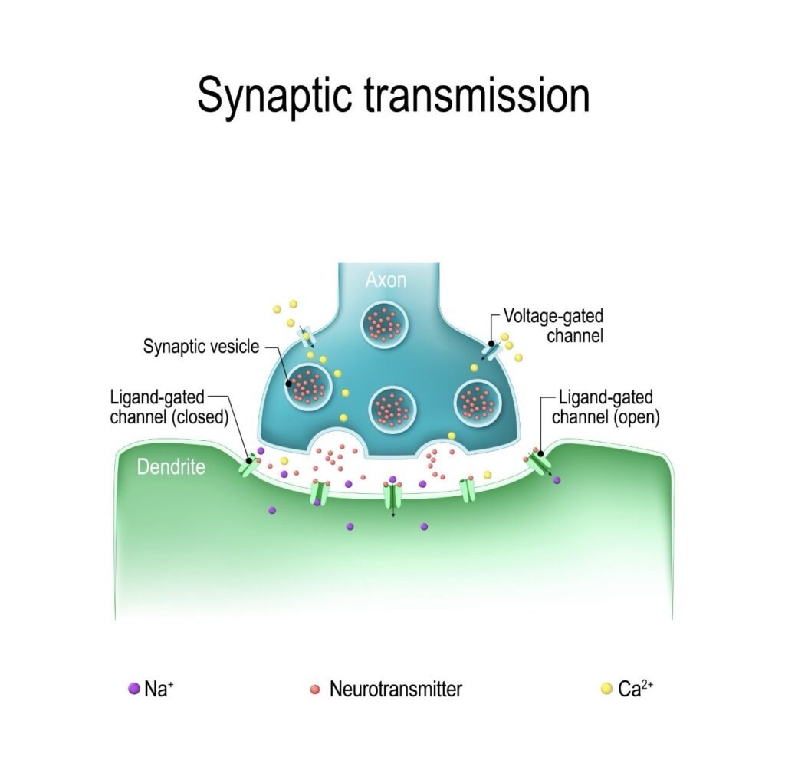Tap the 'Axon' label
[386, 280]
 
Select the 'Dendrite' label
[171, 466]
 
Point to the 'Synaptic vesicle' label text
[201, 347]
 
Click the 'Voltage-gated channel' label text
[553, 326]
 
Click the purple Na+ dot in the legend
[133, 688]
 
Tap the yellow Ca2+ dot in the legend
[606, 688]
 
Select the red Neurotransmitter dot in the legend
[314, 688]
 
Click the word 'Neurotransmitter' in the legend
[396, 688]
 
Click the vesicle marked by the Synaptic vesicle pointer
[308, 385]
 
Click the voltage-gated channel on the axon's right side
[489, 348]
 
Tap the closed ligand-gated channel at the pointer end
[250, 464]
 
